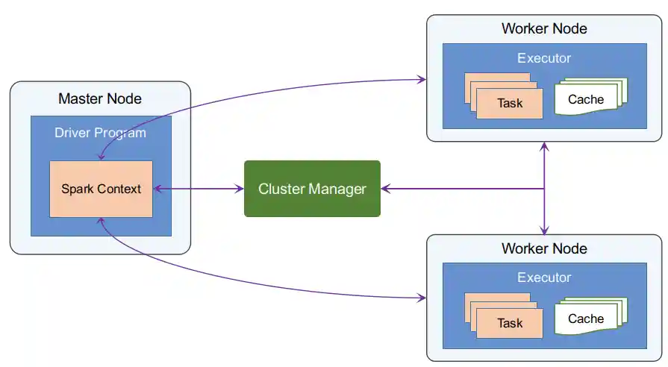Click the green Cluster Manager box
click(312, 189)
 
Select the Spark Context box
click(101, 189)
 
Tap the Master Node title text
click(100, 98)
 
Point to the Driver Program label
click(100, 133)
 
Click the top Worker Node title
click(544, 28)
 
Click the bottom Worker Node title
click(544, 248)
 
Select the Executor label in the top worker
click(544, 57)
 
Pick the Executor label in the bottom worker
click(544, 277)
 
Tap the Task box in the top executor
click(510, 104)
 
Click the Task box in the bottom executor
click(510, 324)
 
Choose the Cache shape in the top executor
click(587, 99)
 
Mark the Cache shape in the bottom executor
click(587, 319)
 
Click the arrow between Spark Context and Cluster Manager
click(199, 189)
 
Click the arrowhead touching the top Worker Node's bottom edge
click(545, 146)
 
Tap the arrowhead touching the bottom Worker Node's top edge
click(545, 230)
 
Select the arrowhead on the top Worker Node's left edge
click(422, 79)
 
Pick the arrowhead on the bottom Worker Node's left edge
click(422, 298)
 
